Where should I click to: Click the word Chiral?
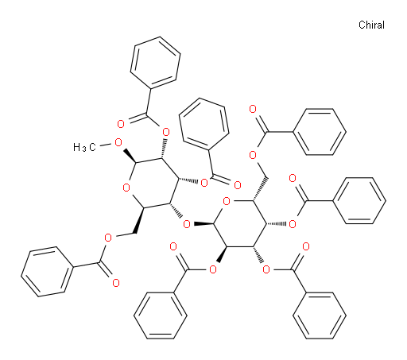coord(371,25)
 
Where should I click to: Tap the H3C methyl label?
coord(84,147)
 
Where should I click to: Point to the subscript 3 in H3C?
coord(83,149)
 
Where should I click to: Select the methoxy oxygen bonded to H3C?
coord(118,143)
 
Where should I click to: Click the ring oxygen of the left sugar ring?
coord(126,188)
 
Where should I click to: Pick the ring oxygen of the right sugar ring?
coord(227,201)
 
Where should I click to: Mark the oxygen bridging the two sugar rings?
coord(187,224)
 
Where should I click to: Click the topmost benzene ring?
coord(155,63)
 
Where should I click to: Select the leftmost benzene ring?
coord(47,272)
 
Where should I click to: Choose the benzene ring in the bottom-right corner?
coord(320,315)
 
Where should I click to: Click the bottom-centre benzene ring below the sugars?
coord(161,315)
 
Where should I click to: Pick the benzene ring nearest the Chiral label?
coord(320,132)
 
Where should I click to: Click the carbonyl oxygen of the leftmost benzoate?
coord(116,283)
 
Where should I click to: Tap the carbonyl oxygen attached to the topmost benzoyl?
coord(121,124)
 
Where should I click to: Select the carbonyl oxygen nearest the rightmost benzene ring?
coord(293,178)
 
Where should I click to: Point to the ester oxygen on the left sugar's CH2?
coord(108,238)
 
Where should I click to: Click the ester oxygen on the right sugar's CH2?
coord(253,155)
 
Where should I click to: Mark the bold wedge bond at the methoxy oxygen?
coord(130,156)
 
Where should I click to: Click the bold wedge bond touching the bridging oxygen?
coord(203,224)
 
